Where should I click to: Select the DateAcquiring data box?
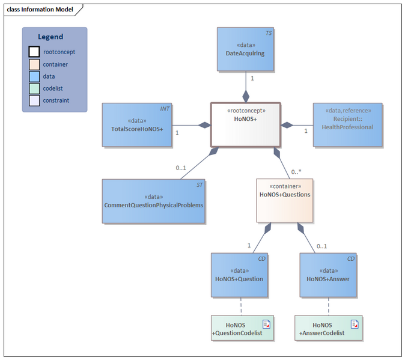point(245,49)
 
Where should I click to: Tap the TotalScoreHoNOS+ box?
point(137,125)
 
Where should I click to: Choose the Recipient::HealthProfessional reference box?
point(347,124)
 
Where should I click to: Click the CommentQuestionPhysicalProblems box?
point(153,201)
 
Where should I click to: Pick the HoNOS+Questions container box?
point(285,200)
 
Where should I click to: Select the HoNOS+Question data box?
point(239,275)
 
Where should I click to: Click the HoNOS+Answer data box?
point(327,275)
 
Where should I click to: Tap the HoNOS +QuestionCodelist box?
point(242,328)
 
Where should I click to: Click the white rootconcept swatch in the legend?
point(34,52)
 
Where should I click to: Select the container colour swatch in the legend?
point(34,64)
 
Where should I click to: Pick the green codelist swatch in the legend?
point(34,88)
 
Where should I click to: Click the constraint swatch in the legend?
point(34,100)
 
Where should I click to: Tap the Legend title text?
point(50,37)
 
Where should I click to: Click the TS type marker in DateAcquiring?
point(269,33)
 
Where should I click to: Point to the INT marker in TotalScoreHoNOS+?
point(165,109)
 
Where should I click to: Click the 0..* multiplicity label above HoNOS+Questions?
point(296,172)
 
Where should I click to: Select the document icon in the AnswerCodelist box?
point(355,324)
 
